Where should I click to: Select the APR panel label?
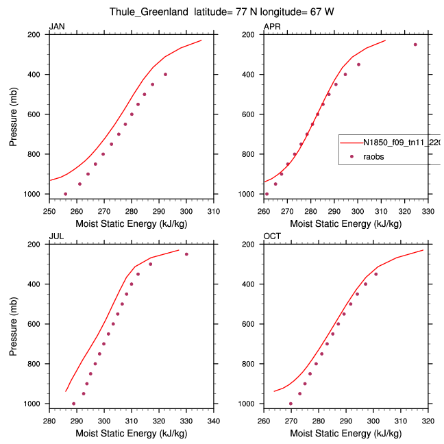pos(271,27)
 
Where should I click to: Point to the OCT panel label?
pos(272,236)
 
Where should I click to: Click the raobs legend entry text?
pos(373,156)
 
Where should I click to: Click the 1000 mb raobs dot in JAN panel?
pos(66,194)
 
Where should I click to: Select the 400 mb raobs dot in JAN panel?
pos(165,74)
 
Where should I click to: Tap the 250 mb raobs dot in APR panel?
pos(415,45)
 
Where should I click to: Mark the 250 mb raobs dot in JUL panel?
pos(186,254)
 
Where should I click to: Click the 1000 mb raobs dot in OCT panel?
pos(291,404)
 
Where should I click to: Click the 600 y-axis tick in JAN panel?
pos(39,114)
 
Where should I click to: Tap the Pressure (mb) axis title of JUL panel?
pos(14,324)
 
